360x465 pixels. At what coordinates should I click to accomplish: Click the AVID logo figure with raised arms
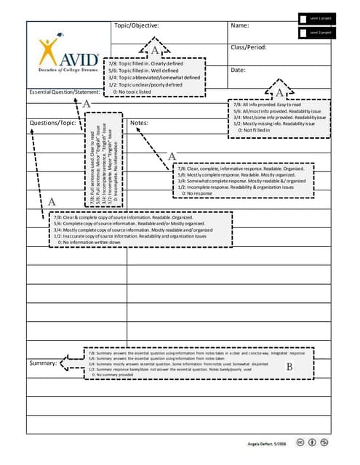click(x=49, y=50)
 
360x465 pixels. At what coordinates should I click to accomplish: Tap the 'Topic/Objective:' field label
click(x=136, y=26)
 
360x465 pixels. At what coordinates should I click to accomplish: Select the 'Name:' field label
click(x=240, y=26)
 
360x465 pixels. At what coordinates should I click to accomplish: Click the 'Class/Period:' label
click(x=249, y=48)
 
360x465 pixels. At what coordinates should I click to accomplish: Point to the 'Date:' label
click(x=239, y=70)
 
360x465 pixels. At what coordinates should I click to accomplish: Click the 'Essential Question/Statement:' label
click(x=63, y=92)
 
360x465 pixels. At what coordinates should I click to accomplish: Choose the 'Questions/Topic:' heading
click(x=52, y=123)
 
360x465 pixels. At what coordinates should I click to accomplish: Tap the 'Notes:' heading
click(x=139, y=124)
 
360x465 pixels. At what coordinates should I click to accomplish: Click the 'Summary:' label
click(x=43, y=363)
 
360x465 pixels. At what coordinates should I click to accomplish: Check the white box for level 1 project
click(x=303, y=18)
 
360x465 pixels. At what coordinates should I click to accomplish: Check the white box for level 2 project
click(x=303, y=33)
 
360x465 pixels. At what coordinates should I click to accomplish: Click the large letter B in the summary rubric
click(x=289, y=367)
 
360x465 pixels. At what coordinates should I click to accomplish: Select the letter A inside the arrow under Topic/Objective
click(x=154, y=50)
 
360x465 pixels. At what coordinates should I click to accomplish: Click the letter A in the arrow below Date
click(x=279, y=92)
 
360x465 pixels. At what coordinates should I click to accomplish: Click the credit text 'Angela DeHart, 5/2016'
click(x=266, y=442)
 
